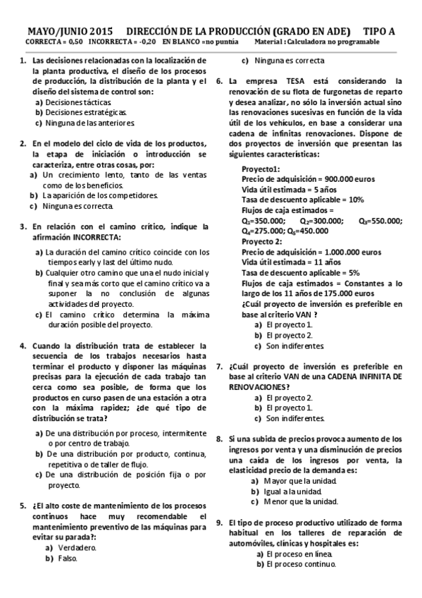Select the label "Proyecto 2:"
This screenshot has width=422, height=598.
[x=262, y=240]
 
